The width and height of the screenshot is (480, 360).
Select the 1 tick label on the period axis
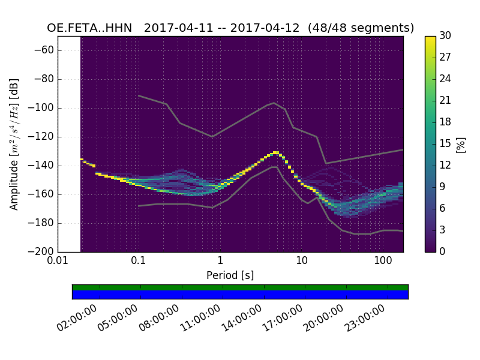(220, 262)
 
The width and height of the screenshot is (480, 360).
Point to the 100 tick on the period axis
(383, 262)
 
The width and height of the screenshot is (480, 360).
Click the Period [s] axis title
(230, 275)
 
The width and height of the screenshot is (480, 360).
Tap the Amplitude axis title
(14, 144)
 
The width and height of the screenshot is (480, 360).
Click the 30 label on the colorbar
(445, 36)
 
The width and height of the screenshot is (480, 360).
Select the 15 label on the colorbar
(445, 144)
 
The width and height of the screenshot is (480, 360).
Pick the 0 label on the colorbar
(443, 251)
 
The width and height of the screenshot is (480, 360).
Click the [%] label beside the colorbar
(461, 144)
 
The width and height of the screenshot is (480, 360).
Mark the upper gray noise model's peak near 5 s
(274, 103)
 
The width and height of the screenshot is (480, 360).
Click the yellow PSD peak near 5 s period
(276, 152)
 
